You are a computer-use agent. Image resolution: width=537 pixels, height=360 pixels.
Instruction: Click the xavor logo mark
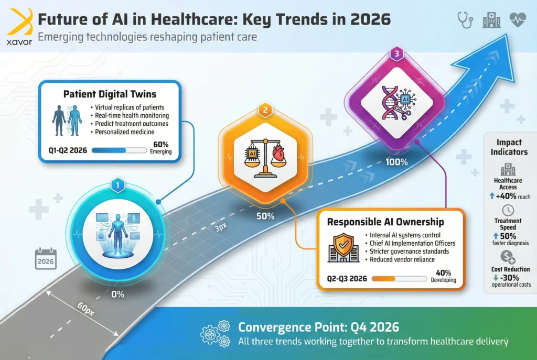coord(20,22)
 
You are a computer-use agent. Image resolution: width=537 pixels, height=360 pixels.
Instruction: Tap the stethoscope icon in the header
coord(465,19)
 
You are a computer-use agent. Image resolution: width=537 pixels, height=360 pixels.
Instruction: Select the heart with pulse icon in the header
coord(518,19)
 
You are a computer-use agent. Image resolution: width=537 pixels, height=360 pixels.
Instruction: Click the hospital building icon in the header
coord(491,19)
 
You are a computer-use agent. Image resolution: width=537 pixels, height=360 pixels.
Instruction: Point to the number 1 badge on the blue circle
coord(118,185)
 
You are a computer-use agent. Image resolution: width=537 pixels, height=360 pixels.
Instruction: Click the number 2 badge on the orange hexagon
coord(265,110)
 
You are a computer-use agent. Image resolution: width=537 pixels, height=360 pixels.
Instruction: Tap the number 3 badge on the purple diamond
coord(396,54)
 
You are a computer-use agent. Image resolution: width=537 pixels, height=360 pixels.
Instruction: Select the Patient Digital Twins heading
coord(110,94)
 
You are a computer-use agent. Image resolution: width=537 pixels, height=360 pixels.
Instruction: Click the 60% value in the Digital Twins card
coord(160,145)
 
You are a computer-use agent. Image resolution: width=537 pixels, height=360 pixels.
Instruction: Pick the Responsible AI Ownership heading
coord(385,222)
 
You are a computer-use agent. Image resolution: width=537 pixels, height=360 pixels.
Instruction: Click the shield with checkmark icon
coord(343,247)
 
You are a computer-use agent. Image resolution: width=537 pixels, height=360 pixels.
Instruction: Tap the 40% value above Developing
coord(443,272)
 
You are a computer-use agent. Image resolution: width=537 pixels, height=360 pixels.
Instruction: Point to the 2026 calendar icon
coord(46,258)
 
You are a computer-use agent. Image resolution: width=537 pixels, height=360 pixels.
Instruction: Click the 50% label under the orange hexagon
coord(265,216)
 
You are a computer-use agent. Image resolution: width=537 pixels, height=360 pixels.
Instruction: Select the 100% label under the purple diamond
coord(396,162)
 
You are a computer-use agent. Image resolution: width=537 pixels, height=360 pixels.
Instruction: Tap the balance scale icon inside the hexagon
coord(265,158)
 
